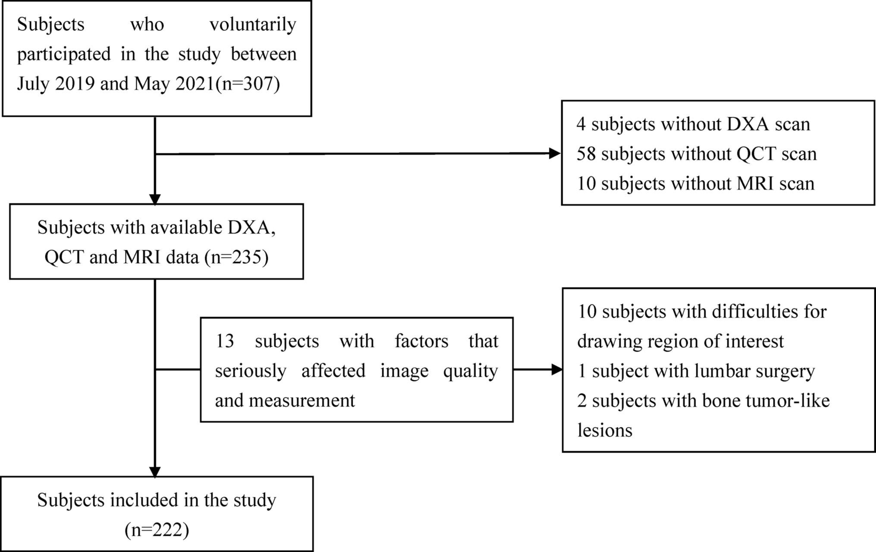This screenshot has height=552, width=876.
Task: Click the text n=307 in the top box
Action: [248, 83]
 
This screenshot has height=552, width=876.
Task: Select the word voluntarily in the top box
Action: [253, 24]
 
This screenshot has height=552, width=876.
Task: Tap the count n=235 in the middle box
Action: [236, 257]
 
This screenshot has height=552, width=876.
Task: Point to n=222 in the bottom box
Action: [157, 530]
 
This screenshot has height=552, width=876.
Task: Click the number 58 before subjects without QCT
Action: [586, 154]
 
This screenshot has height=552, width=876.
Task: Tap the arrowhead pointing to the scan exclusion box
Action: [555, 153]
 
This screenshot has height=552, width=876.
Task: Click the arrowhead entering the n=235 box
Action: [154, 199]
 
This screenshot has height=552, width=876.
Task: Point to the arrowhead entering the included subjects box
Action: [154, 472]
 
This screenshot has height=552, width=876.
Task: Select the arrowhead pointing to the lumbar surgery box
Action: [557, 369]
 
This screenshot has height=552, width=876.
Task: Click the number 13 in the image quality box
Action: [225, 341]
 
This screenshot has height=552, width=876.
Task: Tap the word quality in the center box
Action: [470, 371]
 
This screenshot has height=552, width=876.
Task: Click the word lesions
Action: [604, 430]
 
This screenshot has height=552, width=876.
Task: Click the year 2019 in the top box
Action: [75, 83]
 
